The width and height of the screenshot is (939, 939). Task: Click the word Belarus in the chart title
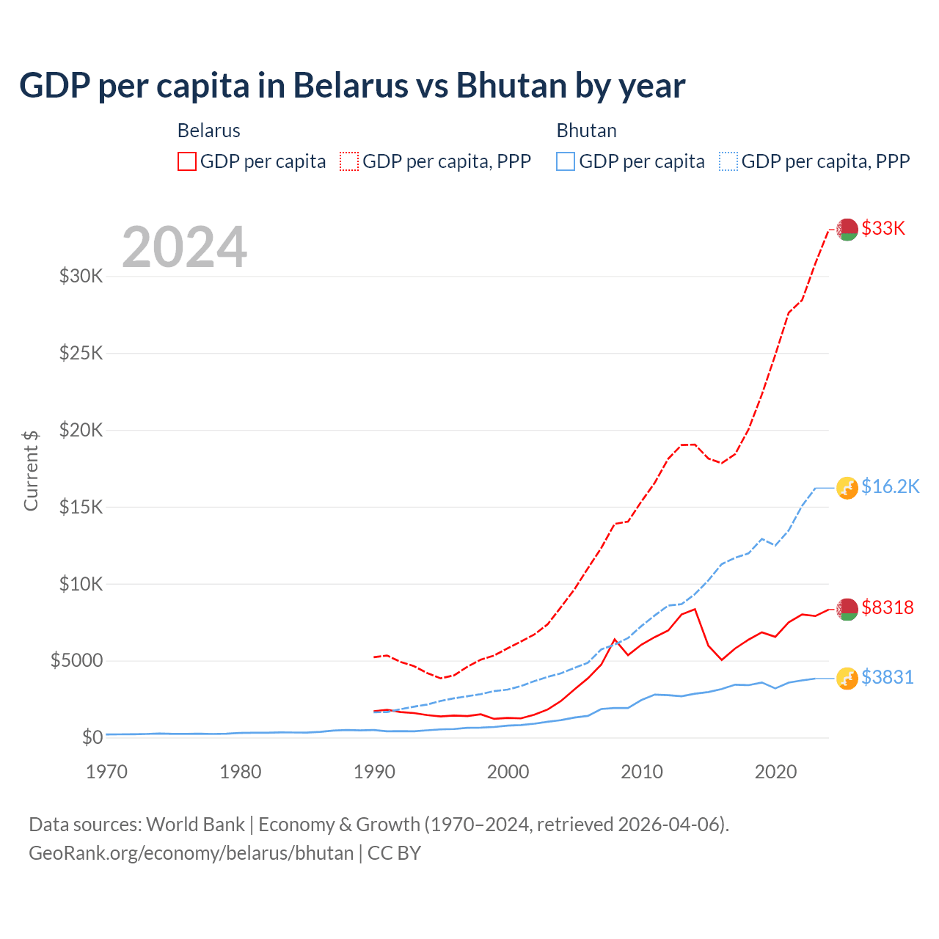(x=349, y=85)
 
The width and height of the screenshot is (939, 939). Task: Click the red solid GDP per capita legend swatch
(x=187, y=161)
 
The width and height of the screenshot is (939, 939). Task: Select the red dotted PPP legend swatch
(x=349, y=161)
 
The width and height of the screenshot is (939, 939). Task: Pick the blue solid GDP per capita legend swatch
(x=566, y=161)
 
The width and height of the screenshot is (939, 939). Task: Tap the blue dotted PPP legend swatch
(x=728, y=161)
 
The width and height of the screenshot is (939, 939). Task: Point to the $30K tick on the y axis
(x=81, y=277)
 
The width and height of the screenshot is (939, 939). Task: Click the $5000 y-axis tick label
(x=76, y=660)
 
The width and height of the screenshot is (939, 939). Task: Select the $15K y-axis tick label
(x=81, y=507)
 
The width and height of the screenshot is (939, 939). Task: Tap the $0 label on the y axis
(x=92, y=737)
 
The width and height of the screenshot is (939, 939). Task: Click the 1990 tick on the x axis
(x=374, y=772)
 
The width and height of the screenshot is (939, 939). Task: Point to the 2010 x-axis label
(x=642, y=772)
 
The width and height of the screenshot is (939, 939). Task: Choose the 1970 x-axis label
(x=107, y=772)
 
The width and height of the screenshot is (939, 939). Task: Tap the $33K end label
(x=883, y=229)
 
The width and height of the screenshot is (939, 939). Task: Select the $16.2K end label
(x=890, y=487)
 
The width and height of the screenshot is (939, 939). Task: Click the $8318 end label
(x=887, y=608)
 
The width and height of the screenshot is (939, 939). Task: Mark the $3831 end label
(x=887, y=678)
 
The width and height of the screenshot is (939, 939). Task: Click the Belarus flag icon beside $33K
(x=847, y=229)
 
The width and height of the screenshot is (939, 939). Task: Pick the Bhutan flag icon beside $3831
(x=847, y=679)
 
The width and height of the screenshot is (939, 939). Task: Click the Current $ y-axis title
(x=31, y=470)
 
